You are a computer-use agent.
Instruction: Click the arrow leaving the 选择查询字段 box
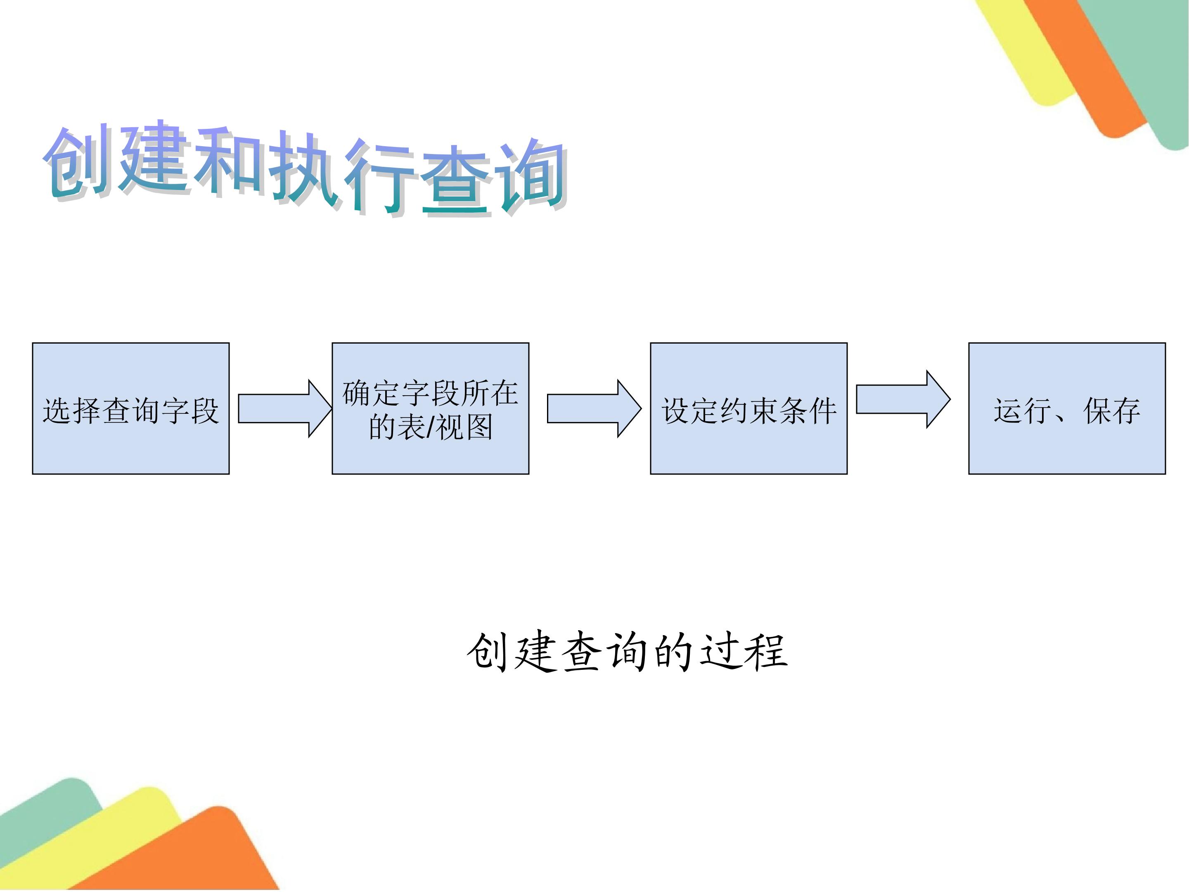click(x=285, y=409)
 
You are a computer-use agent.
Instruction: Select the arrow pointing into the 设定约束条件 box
click(x=594, y=409)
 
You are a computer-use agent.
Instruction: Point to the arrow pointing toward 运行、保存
click(x=903, y=399)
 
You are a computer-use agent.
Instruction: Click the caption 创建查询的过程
click(x=627, y=652)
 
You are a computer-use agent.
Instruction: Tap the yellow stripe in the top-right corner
click(x=1021, y=48)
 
